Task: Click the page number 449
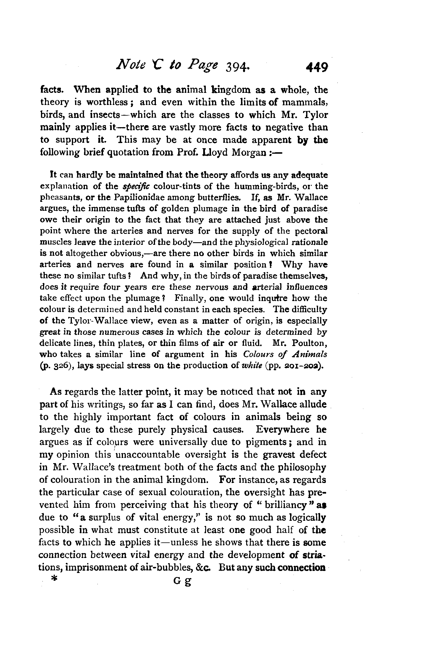(317, 68)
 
